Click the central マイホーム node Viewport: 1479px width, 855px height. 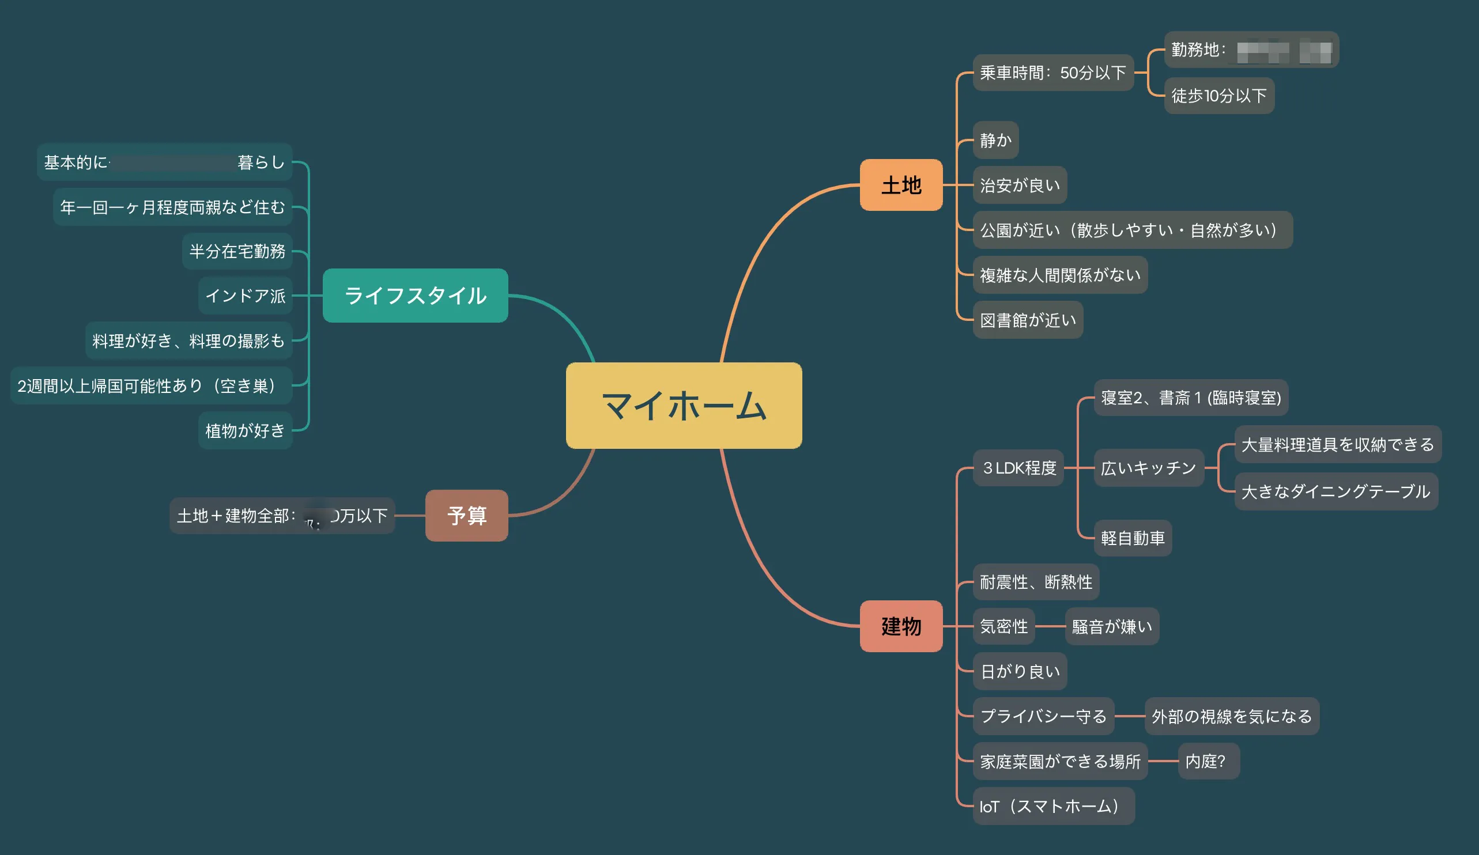click(684, 406)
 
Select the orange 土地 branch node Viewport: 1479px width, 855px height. click(901, 185)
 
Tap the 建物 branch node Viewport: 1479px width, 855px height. click(901, 626)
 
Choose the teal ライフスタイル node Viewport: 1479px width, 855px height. click(415, 295)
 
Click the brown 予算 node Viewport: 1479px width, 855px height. click(467, 515)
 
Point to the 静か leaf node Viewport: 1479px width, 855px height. click(995, 140)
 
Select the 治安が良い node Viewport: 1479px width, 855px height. click(1020, 186)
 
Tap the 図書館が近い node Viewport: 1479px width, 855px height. click(1028, 320)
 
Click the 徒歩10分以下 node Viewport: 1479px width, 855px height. click(1219, 96)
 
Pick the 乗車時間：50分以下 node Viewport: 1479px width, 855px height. click(1053, 73)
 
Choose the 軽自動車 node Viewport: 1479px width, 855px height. click(1133, 538)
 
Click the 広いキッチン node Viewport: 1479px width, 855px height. click(1149, 468)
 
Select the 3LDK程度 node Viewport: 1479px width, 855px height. click(1018, 468)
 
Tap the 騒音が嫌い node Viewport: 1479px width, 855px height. click(1112, 627)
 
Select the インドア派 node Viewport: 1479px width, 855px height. click(246, 296)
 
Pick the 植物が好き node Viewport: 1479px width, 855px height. click(246, 431)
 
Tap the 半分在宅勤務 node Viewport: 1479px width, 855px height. click(237, 251)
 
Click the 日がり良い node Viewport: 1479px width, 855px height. click(1020, 671)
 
